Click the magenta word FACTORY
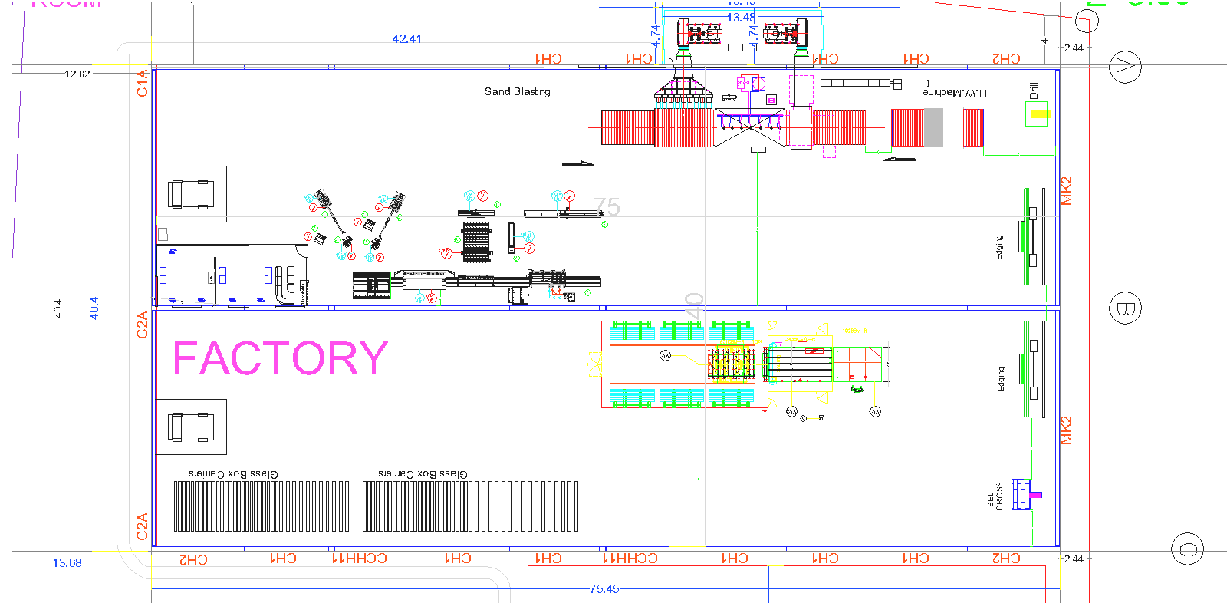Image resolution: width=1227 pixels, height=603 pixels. [281, 358]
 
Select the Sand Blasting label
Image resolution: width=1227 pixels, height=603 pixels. [517, 91]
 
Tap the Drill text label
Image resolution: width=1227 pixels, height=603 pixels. [1034, 91]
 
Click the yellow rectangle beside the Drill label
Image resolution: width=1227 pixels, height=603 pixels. [1040, 114]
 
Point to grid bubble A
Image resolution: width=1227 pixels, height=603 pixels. [1125, 66]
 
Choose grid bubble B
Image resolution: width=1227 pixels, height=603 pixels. [1125, 308]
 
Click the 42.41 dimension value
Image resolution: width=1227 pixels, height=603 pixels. [406, 39]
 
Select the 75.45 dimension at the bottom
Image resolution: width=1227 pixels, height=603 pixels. [604, 589]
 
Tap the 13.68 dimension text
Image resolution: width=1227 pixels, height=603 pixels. [67, 563]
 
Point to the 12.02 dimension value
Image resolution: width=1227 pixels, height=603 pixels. [77, 74]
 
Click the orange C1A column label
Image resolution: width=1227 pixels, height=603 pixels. [142, 83]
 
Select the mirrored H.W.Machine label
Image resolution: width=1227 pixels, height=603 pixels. [955, 93]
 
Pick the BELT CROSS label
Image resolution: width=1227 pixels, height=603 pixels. [995, 496]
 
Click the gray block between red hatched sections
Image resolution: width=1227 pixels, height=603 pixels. [933, 127]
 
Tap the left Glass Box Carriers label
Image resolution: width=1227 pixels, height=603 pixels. [233, 474]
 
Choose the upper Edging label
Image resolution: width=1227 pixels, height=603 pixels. [999, 247]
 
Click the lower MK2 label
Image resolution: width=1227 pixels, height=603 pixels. [1067, 430]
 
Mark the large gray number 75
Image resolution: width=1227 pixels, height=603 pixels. [607, 207]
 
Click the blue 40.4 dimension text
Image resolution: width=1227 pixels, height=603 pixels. [94, 308]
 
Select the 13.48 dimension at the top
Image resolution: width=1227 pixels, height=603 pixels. [741, 18]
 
